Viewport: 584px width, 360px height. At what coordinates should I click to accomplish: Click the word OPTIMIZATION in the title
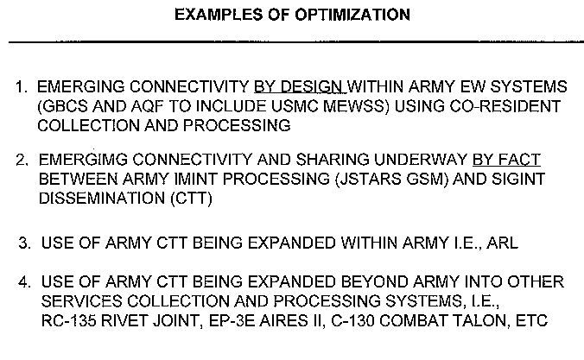tap(352, 15)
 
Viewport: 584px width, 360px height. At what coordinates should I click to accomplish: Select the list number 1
tap(22, 87)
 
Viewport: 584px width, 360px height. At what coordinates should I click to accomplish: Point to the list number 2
tap(22, 160)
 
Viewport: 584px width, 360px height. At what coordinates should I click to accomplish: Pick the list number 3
tap(25, 243)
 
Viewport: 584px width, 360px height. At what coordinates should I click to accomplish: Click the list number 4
tap(25, 281)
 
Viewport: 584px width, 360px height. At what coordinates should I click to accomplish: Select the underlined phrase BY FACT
tap(506, 160)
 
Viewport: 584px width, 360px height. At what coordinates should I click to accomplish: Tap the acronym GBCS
tap(62, 106)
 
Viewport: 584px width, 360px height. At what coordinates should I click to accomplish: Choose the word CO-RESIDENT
tap(505, 106)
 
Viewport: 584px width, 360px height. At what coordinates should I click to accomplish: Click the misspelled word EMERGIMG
tap(83, 160)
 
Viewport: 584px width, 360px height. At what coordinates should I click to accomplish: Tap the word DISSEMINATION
tap(102, 198)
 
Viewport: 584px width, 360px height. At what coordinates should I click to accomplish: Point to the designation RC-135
tap(68, 320)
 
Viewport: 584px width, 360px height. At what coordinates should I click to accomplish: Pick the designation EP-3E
tap(232, 320)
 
